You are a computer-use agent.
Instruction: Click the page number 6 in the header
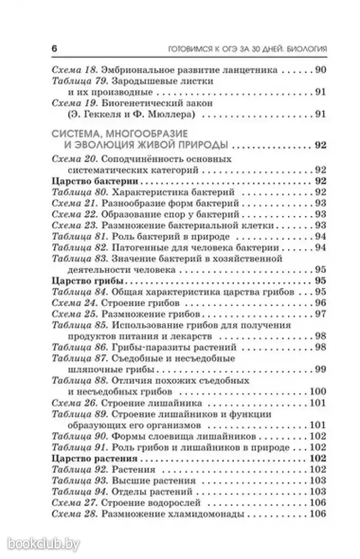[x=54, y=50]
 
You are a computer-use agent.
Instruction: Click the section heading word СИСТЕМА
[x=77, y=133]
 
